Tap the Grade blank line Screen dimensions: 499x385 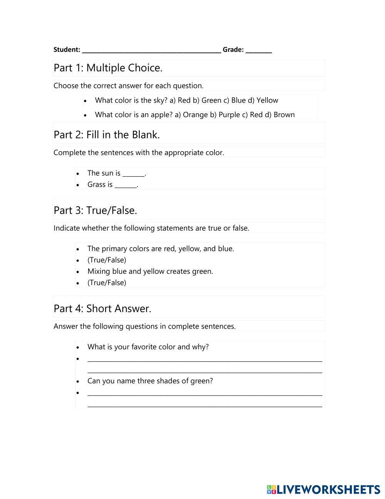[259, 50]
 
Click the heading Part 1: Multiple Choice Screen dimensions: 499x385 [108, 68]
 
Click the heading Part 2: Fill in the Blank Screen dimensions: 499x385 [107, 135]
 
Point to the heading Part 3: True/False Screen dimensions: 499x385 [95, 210]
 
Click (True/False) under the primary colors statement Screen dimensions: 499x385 [107, 260]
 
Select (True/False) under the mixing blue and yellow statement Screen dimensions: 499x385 [107, 283]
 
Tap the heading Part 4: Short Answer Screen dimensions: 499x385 [102, 309]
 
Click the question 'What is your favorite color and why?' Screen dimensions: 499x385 [148, 347]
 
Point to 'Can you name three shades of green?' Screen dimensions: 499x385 [150, 381]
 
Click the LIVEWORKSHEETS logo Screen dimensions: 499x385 [323, 489]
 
